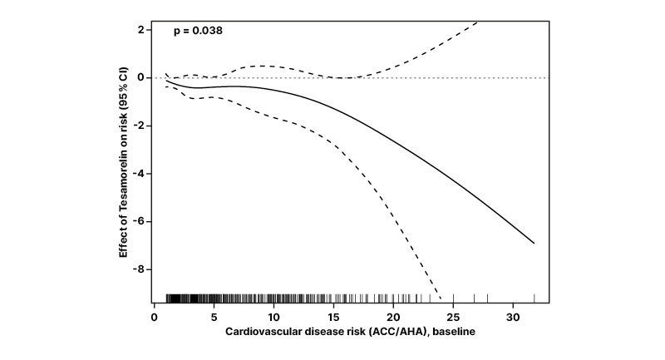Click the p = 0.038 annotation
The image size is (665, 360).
pyautogui.click(x=198, y=31)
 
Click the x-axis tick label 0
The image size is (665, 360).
pyautogui.click(x=155, y=317)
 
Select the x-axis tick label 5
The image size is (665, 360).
pyautogui.click(x=214, y=317)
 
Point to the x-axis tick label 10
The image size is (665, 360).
pyautogui.click(x=274, y=317)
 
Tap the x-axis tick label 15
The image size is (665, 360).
pyautogui.click(x=333, y=317)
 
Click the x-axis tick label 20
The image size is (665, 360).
pyautogui.click(x=393, y=317)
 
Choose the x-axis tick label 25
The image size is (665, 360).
pyautogui.click(x=453, y=317)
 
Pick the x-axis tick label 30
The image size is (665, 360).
pyautogui.click(x=513, y=317)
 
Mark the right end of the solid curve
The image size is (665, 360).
pyautogui.click(x=534, y=244)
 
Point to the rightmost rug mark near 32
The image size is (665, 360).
pyautogui.click(x=534, y=298)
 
